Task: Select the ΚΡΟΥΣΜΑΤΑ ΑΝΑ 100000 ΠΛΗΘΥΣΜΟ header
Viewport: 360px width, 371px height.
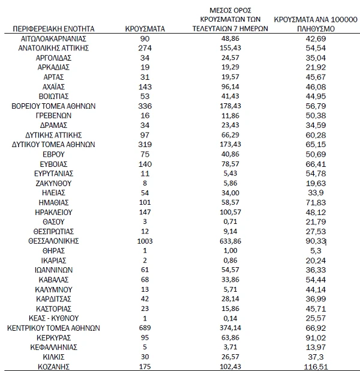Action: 315,23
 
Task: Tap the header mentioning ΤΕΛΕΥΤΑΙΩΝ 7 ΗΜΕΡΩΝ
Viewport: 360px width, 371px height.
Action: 230,19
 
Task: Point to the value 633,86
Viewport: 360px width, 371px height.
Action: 230,241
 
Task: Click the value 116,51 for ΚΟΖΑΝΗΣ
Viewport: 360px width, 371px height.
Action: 315,366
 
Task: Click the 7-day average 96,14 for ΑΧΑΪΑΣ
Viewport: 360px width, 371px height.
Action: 230,86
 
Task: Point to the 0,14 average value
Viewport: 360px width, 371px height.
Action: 230,318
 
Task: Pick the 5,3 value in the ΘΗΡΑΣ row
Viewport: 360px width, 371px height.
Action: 315,250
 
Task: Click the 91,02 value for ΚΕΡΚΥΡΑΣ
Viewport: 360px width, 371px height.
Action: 315,337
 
